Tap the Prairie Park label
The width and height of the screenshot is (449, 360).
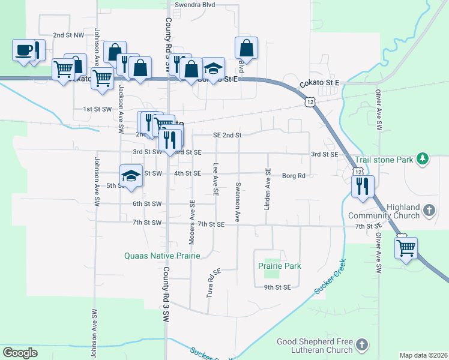pyautogui.click(x=279, y=265)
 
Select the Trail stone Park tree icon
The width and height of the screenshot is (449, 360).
pyautogui.click(x=424, y=159)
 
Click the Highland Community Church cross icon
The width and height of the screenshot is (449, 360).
pyautogui.click(x=429, y=210)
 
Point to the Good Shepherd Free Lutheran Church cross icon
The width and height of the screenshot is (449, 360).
pyautogui.click(x=361, y=344)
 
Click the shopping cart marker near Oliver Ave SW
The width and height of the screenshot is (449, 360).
pyautogui.click(x=406, y=247)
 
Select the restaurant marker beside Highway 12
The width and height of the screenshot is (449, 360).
pyautogui.click(x=363, y=187)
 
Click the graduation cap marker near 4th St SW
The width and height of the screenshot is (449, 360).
pyautogui.click(x=131, y=176)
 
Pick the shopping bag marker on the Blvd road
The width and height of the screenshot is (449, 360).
pyautogui.click(x=247, y=47)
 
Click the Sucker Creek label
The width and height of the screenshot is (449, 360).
pyautogui.click(x=330, y=276)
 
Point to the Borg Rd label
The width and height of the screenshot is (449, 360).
pyautogui.click(x=294, y=176)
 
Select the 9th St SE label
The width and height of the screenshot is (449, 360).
pyautogui.click(x=278, y=287)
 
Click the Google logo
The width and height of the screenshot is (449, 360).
pyautogui.click(x=20, y=352)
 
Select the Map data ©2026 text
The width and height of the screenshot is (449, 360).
pyautogui.click(x=423, y=355)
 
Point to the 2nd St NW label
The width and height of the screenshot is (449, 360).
pyautogui.click(x=67, y=35)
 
